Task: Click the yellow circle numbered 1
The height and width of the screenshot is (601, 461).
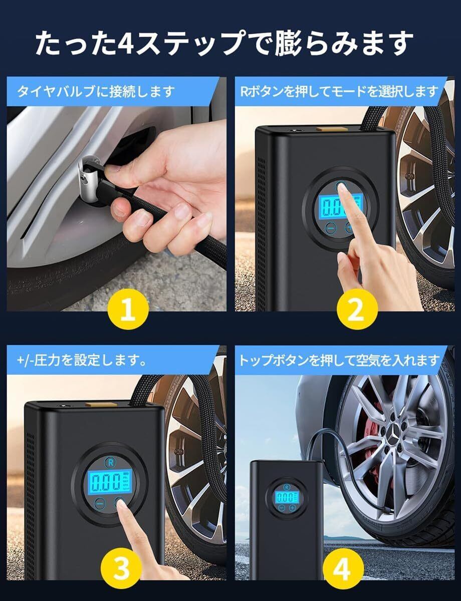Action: tap(128, 309)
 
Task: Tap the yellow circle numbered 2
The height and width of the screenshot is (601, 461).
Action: tap(357, 309)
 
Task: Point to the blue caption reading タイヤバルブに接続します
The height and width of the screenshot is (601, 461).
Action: tap(96, 91)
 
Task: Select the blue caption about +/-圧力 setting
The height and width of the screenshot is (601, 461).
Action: tap(82, 361)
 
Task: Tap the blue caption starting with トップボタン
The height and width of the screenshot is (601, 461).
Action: tap(339, 361)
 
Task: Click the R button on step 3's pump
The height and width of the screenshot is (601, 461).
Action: tap(110, 462)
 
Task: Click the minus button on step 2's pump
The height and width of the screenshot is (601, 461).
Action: tap(330, 228)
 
